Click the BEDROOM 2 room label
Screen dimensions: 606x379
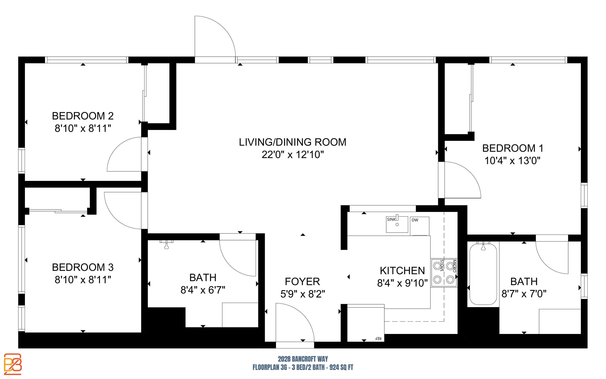pos(83,116)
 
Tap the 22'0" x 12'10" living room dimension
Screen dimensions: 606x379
pos(293,155)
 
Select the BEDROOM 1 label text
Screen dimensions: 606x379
pos(513,148)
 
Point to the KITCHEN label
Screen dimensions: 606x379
pos(402,271)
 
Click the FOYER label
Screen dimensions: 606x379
pos(302,281)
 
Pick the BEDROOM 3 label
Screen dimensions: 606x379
pos(83,267)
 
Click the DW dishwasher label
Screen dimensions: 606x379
pos(415,220)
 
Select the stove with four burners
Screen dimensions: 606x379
pos(444,273)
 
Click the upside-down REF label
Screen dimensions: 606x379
pos(378,339)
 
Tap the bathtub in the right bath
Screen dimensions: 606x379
pos(483,274)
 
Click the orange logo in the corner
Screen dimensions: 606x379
pos(13,364)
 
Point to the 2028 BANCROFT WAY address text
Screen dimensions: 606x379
pos(303,359)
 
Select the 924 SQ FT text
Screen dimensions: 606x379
pos(341,368)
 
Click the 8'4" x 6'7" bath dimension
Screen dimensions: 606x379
pos(203,290)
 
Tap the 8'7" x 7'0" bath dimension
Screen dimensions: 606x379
pos(524,294)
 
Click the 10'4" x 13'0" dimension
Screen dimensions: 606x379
pos(512,161)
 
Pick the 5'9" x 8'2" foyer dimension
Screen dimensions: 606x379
pos(303,294)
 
